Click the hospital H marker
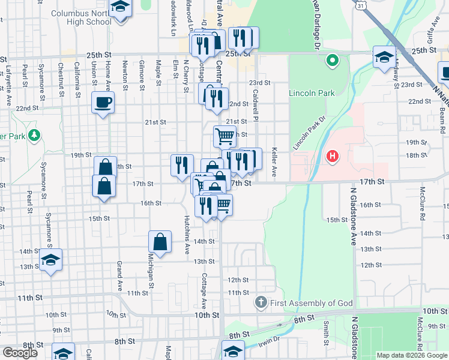tap(332, 157)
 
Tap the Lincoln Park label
tap(311, 94)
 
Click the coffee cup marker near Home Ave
tap(103, 101)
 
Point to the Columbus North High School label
tap(82, 17)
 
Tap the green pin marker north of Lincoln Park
tap(331, 60)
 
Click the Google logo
tap(20, 353)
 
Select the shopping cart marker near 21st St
tap(225, 136)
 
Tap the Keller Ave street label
tap(274, 162)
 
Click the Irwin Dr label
tap(270, 340)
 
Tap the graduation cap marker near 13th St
tap(51, 260)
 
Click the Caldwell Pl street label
tap(256, 104)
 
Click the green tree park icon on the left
tap(35, 135)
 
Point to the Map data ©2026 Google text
tap(411, 355)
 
